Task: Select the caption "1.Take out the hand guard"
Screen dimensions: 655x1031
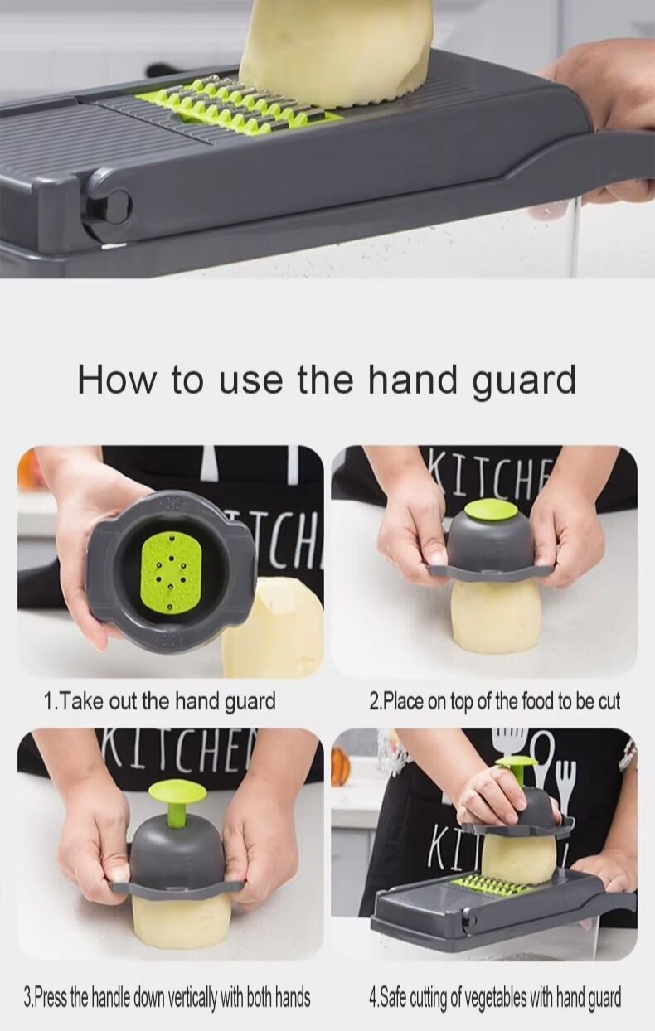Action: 160,701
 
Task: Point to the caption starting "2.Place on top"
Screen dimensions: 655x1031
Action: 494,701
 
